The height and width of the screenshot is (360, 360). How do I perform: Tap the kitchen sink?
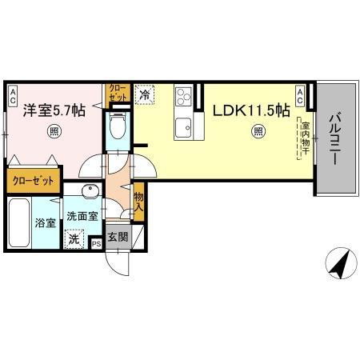(x=183, y=126)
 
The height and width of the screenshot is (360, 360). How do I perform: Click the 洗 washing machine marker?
(x=74, y=238)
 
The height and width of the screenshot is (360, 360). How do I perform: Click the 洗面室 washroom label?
(x=82, y=216)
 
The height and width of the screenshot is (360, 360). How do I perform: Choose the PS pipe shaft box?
(x=96, y=242)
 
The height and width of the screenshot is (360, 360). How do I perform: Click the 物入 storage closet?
(x=138, y=201)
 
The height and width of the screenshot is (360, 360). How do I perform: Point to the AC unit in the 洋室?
(x=13, y=97)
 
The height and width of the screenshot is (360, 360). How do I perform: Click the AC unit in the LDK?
(x=299, y=97)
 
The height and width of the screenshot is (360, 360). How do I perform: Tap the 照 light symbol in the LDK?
(x=258, y=132)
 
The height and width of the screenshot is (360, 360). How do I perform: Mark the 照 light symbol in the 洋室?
(x=54, y=132)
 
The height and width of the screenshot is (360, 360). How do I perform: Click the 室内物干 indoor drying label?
(x=305, y=138)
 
